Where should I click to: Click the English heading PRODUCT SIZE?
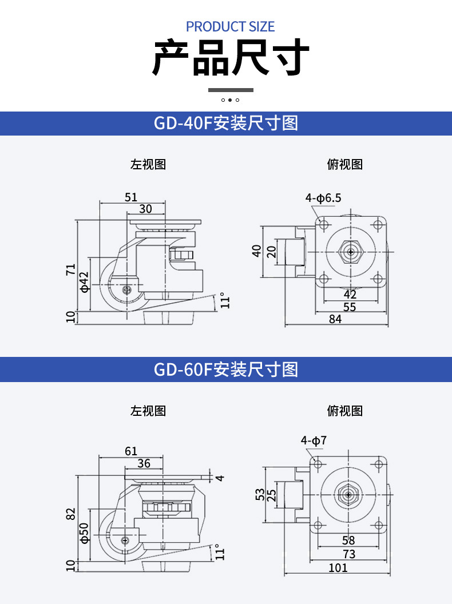tap(230, 26)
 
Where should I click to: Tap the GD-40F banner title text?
tap(226, 123)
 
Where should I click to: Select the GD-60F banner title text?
tap(226, 369)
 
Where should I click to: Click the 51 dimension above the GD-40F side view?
tap(131, 197)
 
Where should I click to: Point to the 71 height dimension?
tap(70, 270)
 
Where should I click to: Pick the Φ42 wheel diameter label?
tap(84, 282)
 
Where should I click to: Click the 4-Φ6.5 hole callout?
tap(323, 198)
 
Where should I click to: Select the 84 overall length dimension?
tap(335, 319)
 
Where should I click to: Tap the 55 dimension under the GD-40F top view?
tap(350, 307)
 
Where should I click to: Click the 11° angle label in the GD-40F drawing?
tap(225, 301)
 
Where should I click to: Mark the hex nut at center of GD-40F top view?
tap(350, 252)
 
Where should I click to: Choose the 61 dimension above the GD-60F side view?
tap(131, 451)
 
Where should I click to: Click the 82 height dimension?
tap(70, 514)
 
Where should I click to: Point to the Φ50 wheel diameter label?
tap(84, 532)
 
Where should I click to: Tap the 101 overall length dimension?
tap(338, 567)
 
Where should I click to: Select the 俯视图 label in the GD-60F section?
tap(345, 411)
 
